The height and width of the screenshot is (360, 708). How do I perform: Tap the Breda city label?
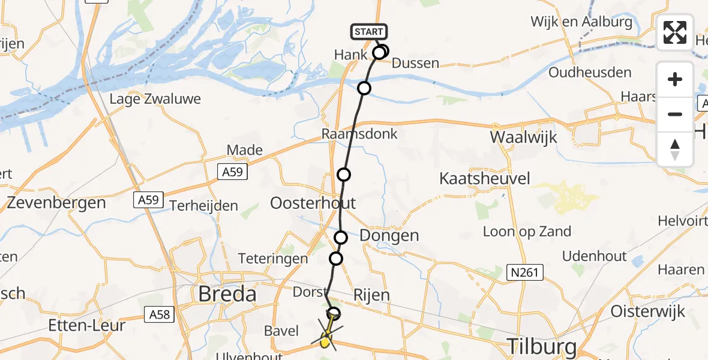click(x=227, y=294)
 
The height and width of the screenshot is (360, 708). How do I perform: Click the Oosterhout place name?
click(x=313, y=202)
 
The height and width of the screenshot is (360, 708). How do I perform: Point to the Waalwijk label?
click(x=523, y=137)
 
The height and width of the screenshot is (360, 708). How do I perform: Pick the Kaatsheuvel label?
click(x=485, y=178)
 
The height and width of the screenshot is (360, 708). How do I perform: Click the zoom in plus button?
click(x=675, y=79)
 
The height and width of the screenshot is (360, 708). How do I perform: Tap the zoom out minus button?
click(x=675, y=114)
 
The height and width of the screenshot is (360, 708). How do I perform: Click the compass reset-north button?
click(x=675, y=149)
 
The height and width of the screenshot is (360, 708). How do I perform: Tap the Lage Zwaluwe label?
click(x=155, y=99)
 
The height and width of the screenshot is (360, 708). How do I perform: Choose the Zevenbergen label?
click(x=56, y=203)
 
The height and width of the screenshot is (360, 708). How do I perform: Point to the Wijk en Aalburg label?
click(x=581, y=22)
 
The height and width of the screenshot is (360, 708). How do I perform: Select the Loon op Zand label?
click(x=527, y=232)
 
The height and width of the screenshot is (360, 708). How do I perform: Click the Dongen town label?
click(x=389, y=235)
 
